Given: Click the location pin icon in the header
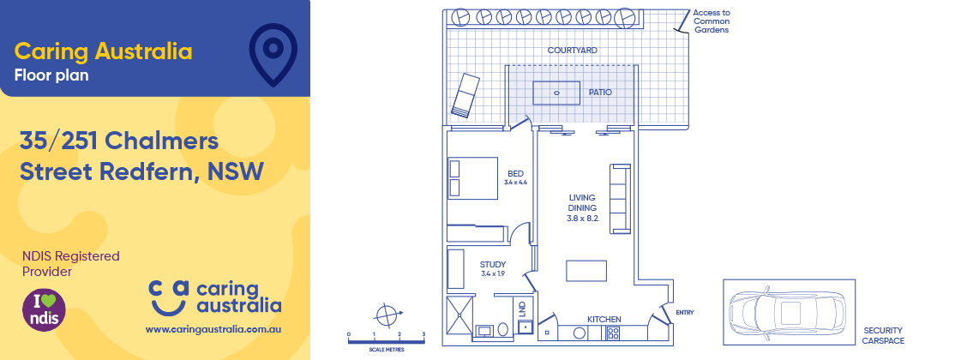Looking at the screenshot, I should tap(273, 53).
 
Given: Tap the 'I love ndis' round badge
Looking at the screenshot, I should tap(44, 309).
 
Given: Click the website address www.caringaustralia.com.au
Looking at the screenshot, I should tap(214, 328).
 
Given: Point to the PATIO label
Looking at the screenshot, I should tap(600, 92).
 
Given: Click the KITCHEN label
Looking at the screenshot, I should tap(604, 320).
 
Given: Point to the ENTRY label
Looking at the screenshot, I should tap(685, 313).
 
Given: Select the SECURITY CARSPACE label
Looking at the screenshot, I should tap(882, 333).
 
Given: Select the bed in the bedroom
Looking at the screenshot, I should tap(473, 178).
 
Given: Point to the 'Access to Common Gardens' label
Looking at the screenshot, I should tap(711, 21).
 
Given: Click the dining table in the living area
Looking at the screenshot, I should tap(586, 271).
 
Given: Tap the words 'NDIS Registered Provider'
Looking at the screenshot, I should tap(70, 264).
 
